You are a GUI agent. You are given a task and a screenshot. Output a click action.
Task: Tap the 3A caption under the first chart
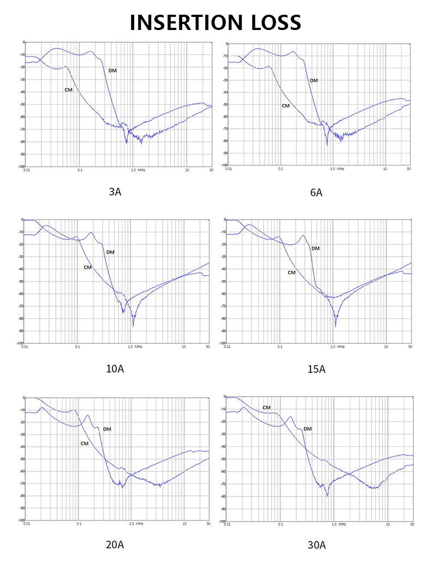click(115, 192)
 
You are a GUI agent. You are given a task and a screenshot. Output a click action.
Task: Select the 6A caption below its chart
click(316, 193)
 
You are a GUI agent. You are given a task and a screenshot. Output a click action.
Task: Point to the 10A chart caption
click(115, 369)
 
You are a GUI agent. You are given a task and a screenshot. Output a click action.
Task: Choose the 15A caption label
click(316, 369)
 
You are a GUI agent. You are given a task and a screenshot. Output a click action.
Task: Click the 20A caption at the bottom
click(115, 545)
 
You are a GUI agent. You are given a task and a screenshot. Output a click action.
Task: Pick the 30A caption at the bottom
click(316, 545)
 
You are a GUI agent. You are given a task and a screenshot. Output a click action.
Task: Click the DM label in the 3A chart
click(112, 71)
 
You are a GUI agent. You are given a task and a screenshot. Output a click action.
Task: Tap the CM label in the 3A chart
click(69, 89)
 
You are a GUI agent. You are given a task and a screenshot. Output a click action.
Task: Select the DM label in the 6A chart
click(314, 81)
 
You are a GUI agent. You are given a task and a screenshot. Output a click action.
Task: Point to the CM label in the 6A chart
click(285, 105)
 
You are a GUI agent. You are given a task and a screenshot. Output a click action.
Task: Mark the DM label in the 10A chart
click(110, 252)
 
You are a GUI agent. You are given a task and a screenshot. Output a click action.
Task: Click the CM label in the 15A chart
click(291, 272)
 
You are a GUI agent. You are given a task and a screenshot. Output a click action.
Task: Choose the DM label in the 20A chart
click(107, 429)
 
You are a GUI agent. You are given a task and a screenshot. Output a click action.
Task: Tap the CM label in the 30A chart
click(266, 408)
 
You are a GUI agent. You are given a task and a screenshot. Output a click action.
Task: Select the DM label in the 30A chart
click(308, 429)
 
